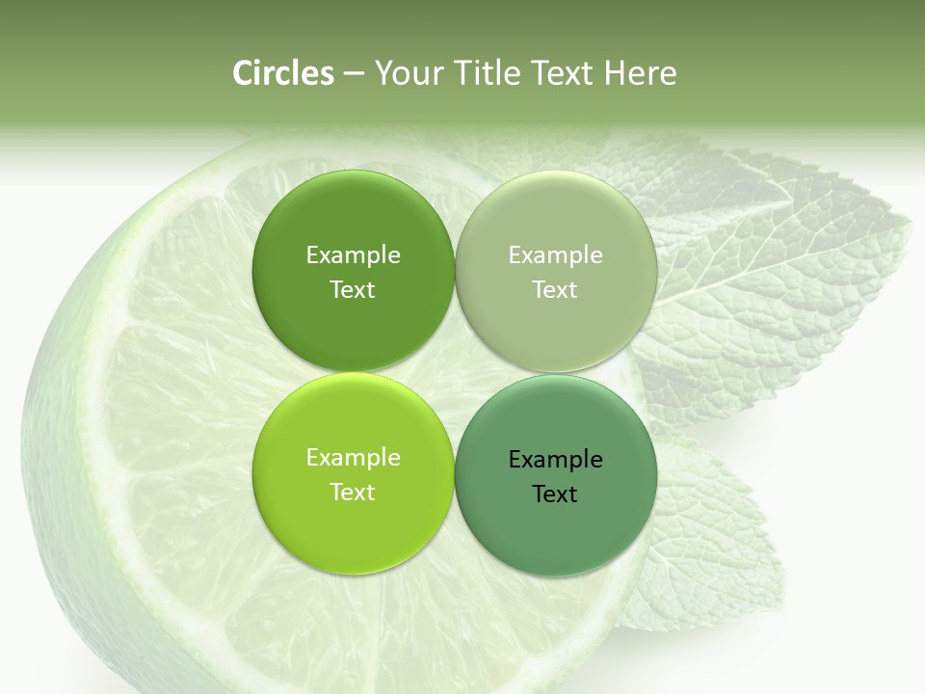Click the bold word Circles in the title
(282, 73)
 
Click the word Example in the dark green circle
(353, 254)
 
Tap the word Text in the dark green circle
(353, 289)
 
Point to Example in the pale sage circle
(555, 254)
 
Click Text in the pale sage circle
(555, 289)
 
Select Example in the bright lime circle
(353, 457)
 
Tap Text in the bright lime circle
(353, 492)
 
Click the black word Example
(555, 459)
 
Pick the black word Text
(555, 494)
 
